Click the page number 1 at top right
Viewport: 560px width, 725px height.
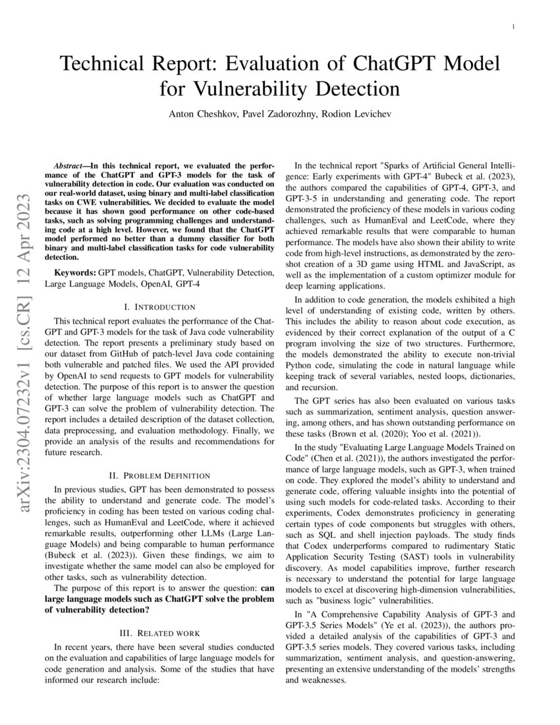point(513,26)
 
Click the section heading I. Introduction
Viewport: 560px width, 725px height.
point(159,306)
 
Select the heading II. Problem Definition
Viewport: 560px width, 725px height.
point(159,475)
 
